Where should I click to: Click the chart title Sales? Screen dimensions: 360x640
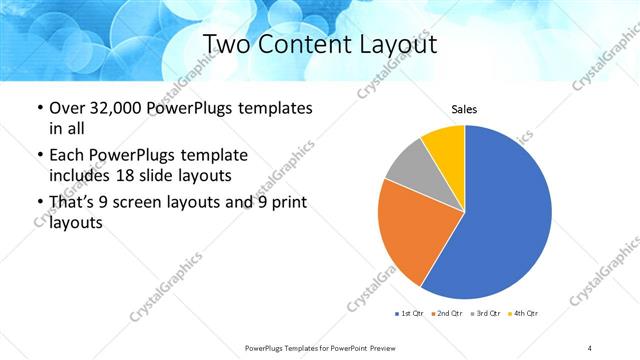click(464, 109)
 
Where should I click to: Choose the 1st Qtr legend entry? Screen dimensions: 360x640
click(411, 315)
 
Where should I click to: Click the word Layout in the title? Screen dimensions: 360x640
click(400, 44)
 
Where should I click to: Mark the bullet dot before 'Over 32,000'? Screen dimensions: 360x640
click(39, 108)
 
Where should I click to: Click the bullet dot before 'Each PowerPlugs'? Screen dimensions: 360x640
click(39, 156)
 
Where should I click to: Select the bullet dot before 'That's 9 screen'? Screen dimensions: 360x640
click(39, 203)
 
